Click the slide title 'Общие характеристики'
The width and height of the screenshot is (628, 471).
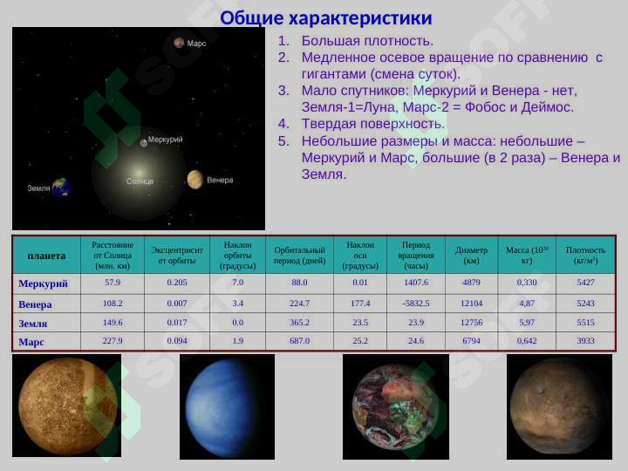pos(326,17)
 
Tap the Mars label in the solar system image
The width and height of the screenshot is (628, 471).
pos(196,43)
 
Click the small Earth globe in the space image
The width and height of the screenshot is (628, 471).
pos(60,187)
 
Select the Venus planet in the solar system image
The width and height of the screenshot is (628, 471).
pos(195,179)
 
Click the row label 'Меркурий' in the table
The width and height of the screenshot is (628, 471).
pos(43,283)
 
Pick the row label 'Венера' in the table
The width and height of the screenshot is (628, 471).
pos(36,304)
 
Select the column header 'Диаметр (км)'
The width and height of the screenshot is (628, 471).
pos(471,255)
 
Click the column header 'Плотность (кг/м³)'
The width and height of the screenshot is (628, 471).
pos(585,255)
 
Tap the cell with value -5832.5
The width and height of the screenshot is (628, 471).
pos(415,303)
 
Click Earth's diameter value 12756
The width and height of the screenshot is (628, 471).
pos(471,322)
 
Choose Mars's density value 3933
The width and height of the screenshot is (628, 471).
pos(585,340)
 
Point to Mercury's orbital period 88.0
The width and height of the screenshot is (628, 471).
pos(299,283)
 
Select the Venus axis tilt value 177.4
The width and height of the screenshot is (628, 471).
pos(360,303)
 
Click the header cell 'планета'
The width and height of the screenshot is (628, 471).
pos(46,256)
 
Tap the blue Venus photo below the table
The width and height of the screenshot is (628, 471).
pos(227,406)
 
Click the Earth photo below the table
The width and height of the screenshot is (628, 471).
pos(395,406)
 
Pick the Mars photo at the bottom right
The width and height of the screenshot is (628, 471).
pos(559,406)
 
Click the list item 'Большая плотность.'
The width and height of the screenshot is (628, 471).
pos(366,40)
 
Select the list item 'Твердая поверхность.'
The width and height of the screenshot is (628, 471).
pos(372,123)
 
